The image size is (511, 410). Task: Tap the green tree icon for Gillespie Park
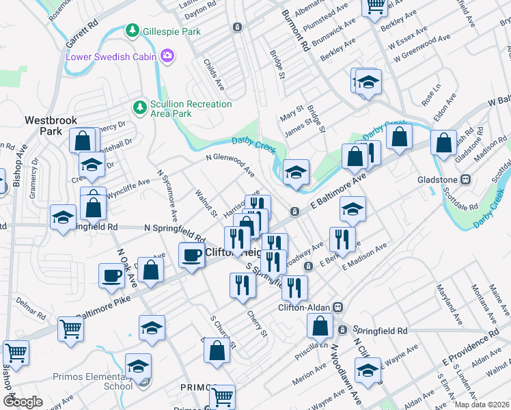[130, 31]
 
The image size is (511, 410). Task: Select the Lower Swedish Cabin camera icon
[167, 55]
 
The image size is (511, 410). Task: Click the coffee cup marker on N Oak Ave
[112, 276]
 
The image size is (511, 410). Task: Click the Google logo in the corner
[23, 401]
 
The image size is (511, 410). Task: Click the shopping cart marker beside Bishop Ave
[16, 353]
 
